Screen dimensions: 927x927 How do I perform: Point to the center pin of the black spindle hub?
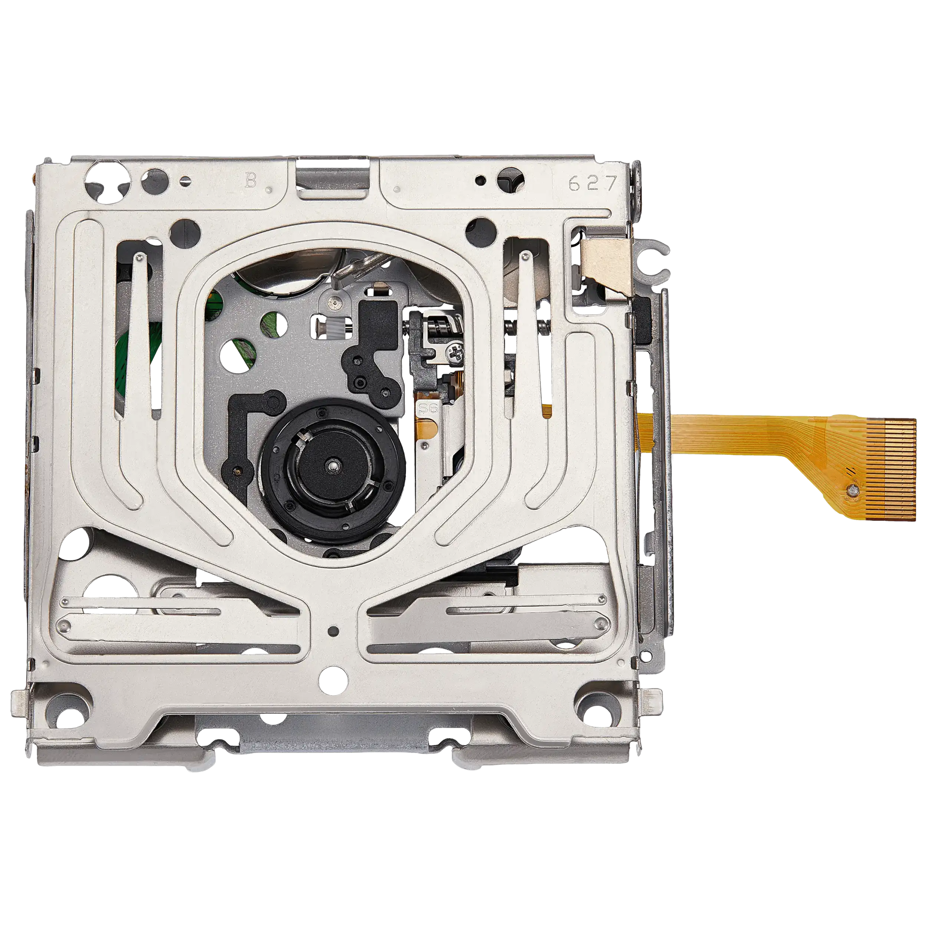coord(333,465)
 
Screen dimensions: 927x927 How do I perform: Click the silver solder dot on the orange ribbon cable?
coord(852,490)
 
